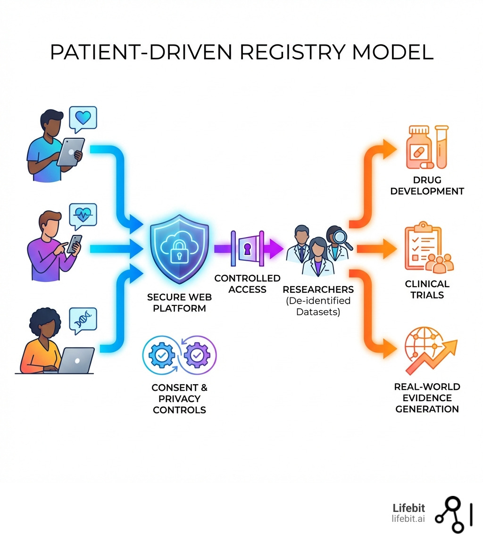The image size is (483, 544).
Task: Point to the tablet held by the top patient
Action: [71, 151]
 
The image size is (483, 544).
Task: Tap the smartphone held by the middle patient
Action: [75, 244]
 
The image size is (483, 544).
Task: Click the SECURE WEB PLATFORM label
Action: [179, 303]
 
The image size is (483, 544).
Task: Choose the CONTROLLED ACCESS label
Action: [247, 284]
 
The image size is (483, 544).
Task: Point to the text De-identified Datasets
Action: [317, 306]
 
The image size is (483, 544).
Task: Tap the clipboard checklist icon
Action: [421, 247]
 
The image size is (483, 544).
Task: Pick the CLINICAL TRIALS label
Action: [427, 289]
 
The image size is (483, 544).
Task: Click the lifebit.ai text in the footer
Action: [408, 519]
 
